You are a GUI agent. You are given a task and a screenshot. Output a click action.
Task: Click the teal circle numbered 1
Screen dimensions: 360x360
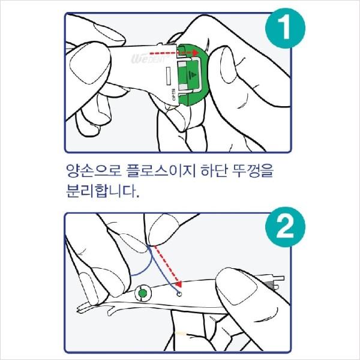click(x=285, y=28)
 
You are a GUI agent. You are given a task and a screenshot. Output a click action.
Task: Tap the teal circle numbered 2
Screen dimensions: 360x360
click(x=285, y=227)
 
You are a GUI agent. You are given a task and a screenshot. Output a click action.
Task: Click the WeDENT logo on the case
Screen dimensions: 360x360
click(x=149, y=59)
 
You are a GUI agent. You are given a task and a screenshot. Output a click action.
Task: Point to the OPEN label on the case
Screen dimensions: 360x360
click(x=173, y=94)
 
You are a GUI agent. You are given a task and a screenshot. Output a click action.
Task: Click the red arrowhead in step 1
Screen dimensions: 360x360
click(x=196, y=53)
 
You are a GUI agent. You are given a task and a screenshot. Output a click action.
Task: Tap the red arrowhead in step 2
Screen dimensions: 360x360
click(x=179, y=284)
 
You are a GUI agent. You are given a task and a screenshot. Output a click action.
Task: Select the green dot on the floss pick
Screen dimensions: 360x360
click(x=143, y=293)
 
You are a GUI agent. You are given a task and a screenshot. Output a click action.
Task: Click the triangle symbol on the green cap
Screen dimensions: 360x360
click(x=193, y=74)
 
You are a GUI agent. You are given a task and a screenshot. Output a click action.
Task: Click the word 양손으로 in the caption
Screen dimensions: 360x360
click(x=94, y=170)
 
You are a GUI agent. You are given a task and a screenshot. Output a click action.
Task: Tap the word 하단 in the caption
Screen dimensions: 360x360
click(x=214, y=170)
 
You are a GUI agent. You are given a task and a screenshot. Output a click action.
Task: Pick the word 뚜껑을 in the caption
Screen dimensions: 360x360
click(x=253, y=170)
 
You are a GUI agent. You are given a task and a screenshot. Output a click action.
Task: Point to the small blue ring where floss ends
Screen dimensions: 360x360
click(x=179, y=294)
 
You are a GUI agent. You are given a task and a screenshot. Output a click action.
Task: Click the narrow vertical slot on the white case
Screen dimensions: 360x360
click(x=169, y=75)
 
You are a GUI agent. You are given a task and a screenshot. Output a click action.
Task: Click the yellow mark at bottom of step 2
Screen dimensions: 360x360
click(x=181, y=333)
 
